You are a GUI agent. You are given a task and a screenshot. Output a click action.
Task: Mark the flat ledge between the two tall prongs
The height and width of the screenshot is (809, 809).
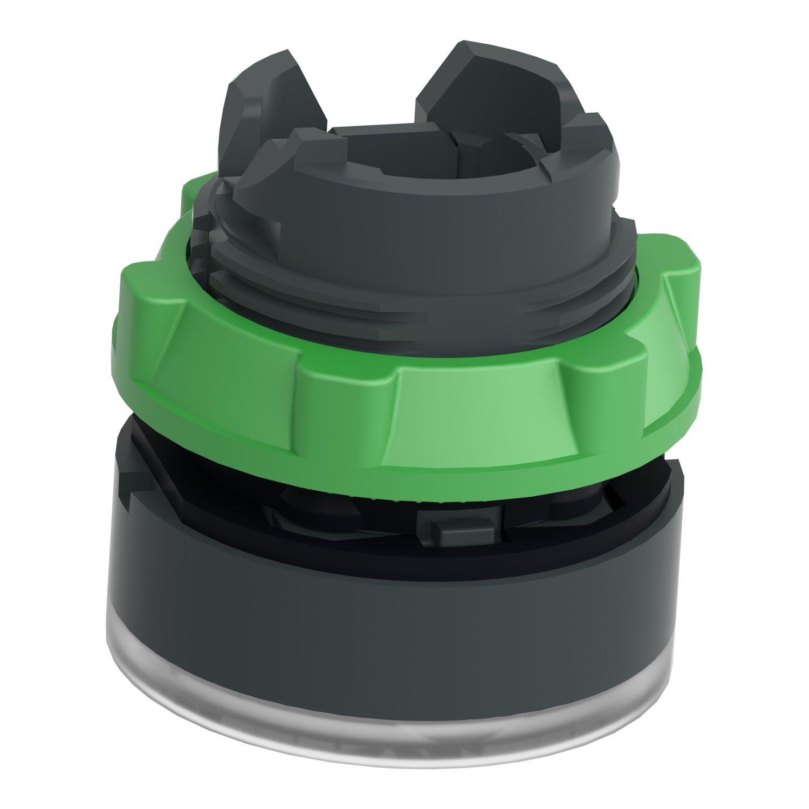click(x=378, y=132)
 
